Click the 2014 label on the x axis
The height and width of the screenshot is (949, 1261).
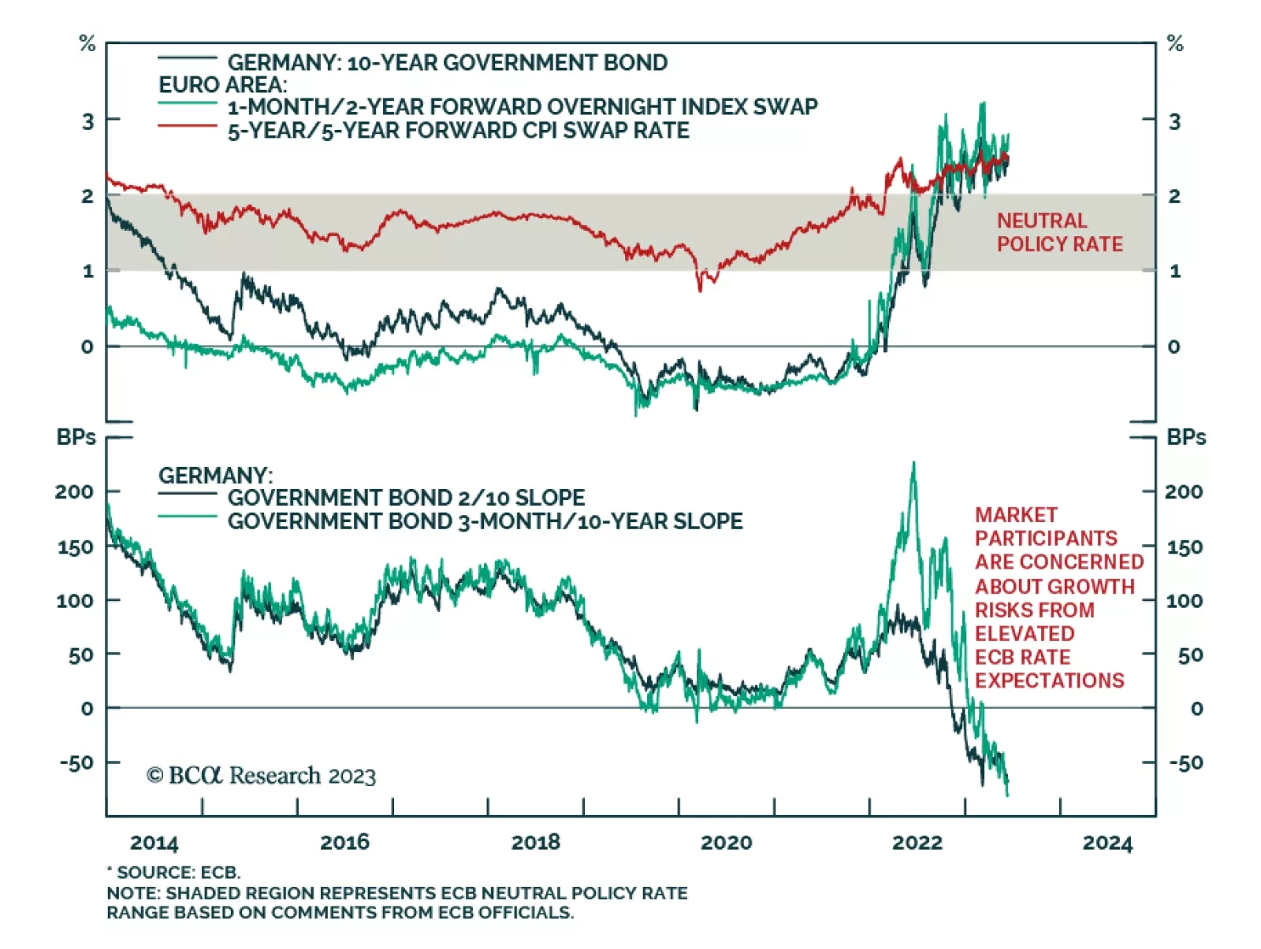click(154, 843)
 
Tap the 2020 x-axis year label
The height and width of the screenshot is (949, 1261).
click(726, 843)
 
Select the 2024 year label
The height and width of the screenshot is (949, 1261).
click(1107, 843)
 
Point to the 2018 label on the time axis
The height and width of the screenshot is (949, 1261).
click(535, 843)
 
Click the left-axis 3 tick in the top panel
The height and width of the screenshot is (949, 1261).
click(87, 121)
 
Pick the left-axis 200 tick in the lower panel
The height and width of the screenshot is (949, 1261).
click(74, 492)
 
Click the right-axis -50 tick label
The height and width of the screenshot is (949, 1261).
click(1185, 762)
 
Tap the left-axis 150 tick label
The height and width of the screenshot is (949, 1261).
click(76, 547)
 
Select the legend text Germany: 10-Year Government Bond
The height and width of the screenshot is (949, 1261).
click(447, 62)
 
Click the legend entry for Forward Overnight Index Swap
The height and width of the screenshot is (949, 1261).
click(522, 106)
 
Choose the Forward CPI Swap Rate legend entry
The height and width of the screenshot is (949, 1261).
click(458, 131)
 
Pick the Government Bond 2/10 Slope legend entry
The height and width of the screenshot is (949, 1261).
click(406, 498)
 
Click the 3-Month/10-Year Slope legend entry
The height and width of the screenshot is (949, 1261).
click(485, 521)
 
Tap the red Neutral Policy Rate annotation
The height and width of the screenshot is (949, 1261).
click(1058, 232)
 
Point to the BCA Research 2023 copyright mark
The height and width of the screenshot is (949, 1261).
click(261, 776)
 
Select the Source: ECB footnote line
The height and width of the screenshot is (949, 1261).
click(174, 873)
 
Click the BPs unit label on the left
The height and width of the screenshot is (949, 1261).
click(76, 438)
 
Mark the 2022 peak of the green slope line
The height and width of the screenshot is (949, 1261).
click(914, 464)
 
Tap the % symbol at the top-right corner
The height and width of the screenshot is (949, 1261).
click(1174, 44)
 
